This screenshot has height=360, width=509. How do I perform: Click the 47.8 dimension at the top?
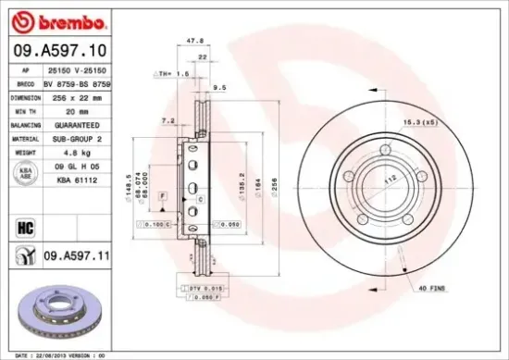click(195, 41)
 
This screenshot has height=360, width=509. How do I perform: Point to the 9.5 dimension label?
click(219, 89)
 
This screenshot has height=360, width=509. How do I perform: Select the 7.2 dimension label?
click(168, 120)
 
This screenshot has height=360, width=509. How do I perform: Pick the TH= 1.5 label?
click(169, 71)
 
